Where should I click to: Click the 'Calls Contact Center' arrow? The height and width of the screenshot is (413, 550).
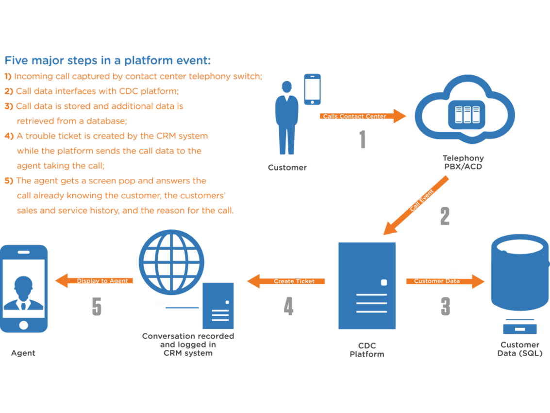pyautogui.click(x=362, y=117)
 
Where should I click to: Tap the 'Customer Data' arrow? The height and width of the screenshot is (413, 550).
pyautogui.click(x=444, y=281)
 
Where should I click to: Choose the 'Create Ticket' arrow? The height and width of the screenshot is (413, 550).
pyautogui.click(x=286, y=281)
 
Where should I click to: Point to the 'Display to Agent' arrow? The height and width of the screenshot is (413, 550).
pyautogui.click(x=94, y=281)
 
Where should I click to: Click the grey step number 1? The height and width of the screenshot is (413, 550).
pyautogui.click(x=362, y=139)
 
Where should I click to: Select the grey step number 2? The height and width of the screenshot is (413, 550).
pyautogui.click(x=445, y=217)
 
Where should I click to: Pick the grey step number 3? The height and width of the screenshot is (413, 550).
pyautogui.click(x=445, y=306)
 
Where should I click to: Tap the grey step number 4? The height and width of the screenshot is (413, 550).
pyautogui.click(x=289, y=306)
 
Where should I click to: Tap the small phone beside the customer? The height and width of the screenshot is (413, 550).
pyautogui.click(x=312, y=89)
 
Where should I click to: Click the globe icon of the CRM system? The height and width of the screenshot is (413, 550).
pyautogui.click(x=171, y=262)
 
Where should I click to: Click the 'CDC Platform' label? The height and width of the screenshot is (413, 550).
pyautogui.click(x=367, y=350)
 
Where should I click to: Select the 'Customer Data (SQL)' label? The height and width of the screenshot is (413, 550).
pyautogui.click(x=519, y=349)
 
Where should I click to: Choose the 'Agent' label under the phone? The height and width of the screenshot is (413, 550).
pyautogui.click(x=23, y=353)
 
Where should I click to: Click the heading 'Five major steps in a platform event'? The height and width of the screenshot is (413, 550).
pyautogui.click(x=107, y=61)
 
